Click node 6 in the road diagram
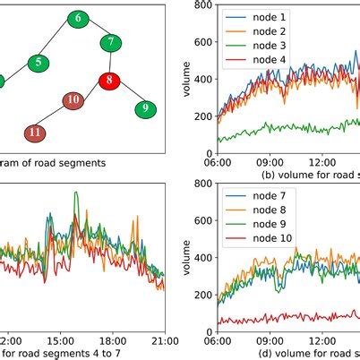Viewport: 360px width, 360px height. pos(78,18)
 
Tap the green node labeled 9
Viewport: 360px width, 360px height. pos(142,109)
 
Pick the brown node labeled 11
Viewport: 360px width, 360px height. pos(34,133)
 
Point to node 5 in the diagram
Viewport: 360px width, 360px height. pos(39,63)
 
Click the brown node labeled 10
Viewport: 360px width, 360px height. pos(74,100)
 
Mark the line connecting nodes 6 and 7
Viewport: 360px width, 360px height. pos(95,30)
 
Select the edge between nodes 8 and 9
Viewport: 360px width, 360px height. pos(126,95)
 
